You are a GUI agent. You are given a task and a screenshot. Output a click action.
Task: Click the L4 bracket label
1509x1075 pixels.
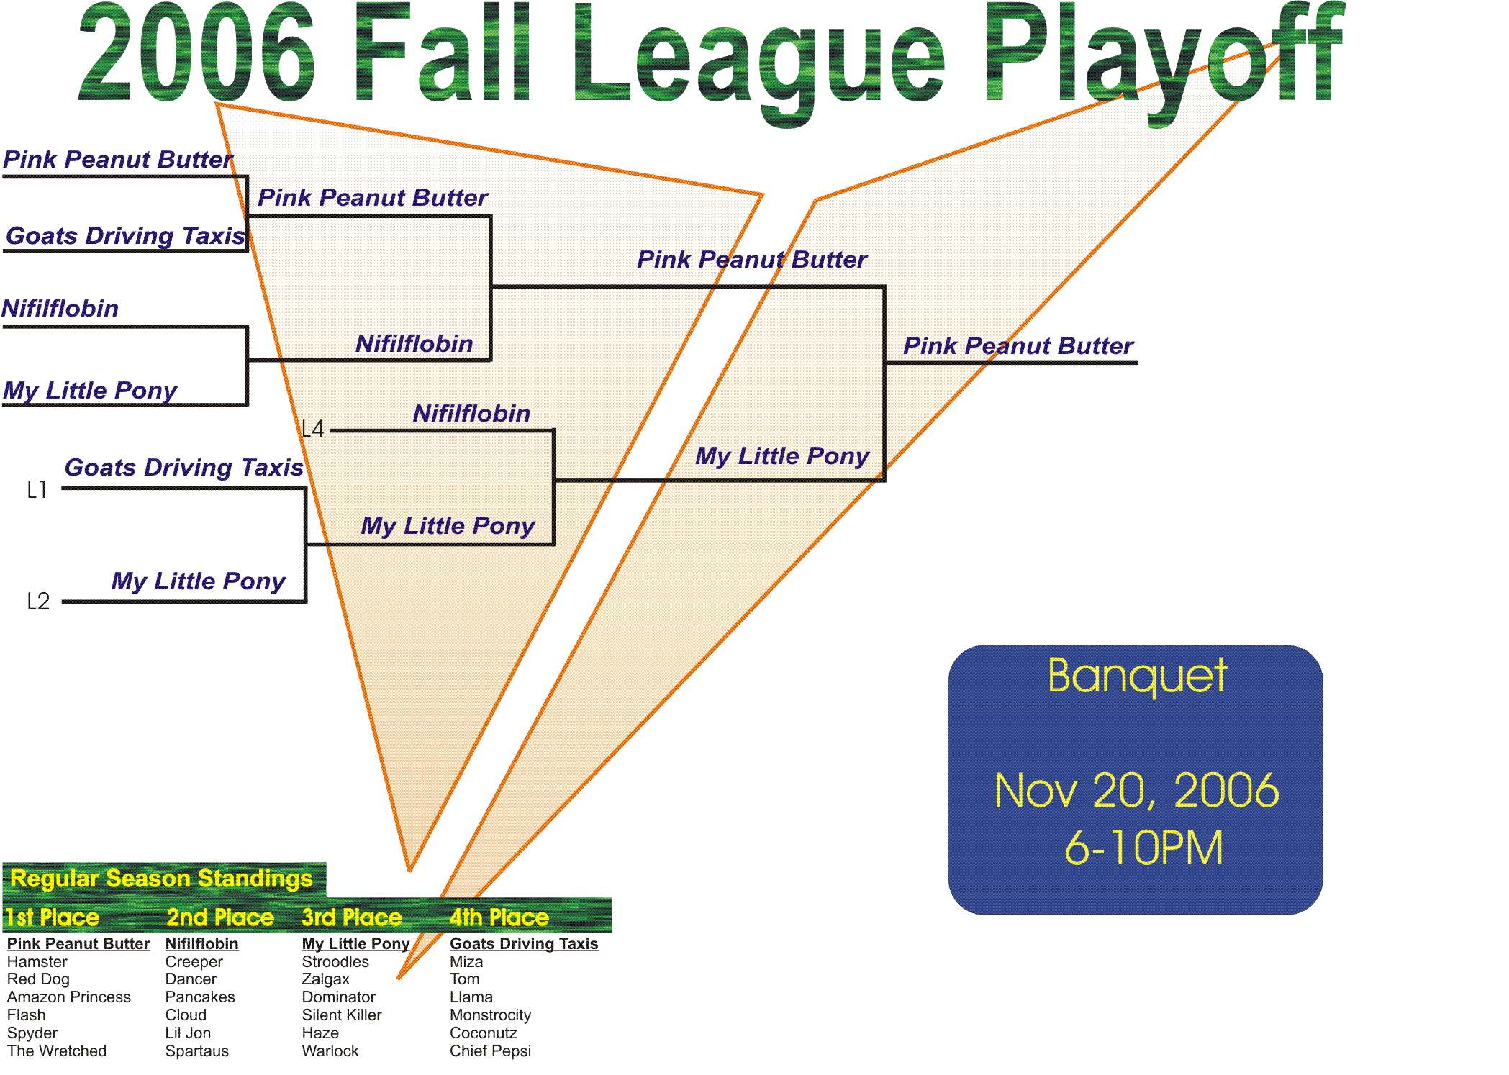point(313,430)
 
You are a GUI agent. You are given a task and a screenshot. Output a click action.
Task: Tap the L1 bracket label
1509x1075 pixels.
point(37,490)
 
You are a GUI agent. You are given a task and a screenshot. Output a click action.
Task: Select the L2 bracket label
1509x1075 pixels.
point(38,602)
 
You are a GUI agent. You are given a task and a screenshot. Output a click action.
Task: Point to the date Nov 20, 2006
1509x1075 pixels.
point(1136,791)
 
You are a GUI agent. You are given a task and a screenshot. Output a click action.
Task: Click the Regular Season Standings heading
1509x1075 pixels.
point(161,879)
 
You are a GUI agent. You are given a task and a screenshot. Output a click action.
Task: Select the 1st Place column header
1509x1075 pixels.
point(52,917)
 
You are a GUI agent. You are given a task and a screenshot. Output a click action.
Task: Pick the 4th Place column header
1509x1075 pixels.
point(499,917)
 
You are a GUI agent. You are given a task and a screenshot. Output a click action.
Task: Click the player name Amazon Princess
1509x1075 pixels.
point(69,997)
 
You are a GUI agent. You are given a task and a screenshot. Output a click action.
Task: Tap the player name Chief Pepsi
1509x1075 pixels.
point(490,1051)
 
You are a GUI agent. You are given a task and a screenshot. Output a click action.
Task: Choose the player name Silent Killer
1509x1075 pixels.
point(342,1015)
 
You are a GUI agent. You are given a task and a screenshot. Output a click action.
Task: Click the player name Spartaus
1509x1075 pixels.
point(197,1051)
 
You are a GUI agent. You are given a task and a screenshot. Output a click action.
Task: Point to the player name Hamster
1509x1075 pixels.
point(37,962)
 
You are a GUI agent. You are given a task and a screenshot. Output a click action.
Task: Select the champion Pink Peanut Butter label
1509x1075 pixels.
point(1018,346)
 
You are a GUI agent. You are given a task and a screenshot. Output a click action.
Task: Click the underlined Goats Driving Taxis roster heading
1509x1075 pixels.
point(524,944)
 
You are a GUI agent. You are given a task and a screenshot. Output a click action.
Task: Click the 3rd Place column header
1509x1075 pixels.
point(352,917)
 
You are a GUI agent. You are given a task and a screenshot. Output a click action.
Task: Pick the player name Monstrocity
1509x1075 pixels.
point(491,1015)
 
